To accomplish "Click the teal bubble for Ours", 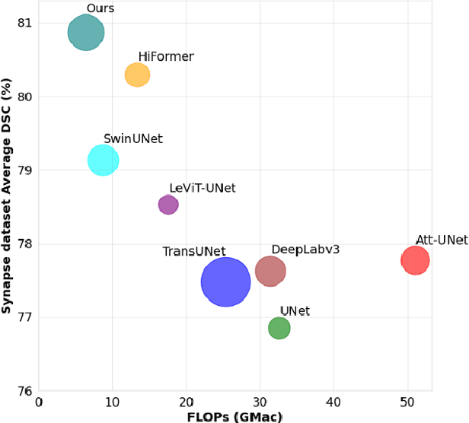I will (x=86, y=33).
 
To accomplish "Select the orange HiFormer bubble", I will (x=137, y=75).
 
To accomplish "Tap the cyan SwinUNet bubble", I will (x=103, y=160).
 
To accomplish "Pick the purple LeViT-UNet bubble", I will (x=168, y=204).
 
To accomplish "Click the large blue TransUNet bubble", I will (x=225, y=281).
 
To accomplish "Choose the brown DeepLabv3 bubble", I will (x=270, y=271).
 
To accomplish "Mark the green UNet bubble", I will (x=279, y=328).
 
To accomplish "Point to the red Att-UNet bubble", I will (x=415, y=260).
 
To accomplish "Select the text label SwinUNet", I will (x=133, y=138).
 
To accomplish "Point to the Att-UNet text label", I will (x=441, y=240).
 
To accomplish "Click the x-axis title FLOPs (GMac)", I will (x=235, y=416).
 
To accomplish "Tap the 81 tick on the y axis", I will (x=25, y=23).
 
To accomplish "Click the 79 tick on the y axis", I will (x=25, y=170).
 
